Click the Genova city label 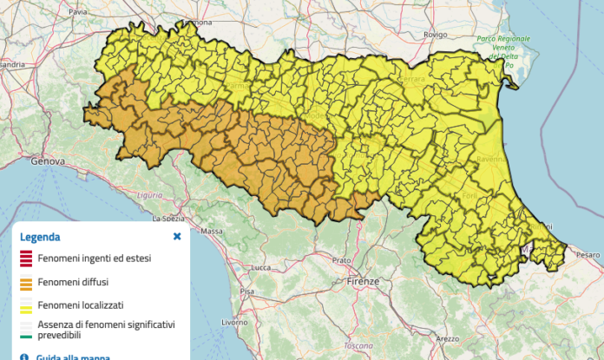(48, 161)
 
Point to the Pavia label (78, 13)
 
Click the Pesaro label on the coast (588, 255)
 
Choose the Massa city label (212, 232)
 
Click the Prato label (340, 259)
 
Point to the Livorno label (233, 322)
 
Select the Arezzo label (447, 338)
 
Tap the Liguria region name (149, 195)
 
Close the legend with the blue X (177, 236)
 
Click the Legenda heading (40, 237)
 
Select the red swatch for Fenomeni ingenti (26, 258)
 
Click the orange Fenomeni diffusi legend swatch (26, 282)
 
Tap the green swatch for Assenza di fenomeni (26, 335)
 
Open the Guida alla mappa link (72, 356)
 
